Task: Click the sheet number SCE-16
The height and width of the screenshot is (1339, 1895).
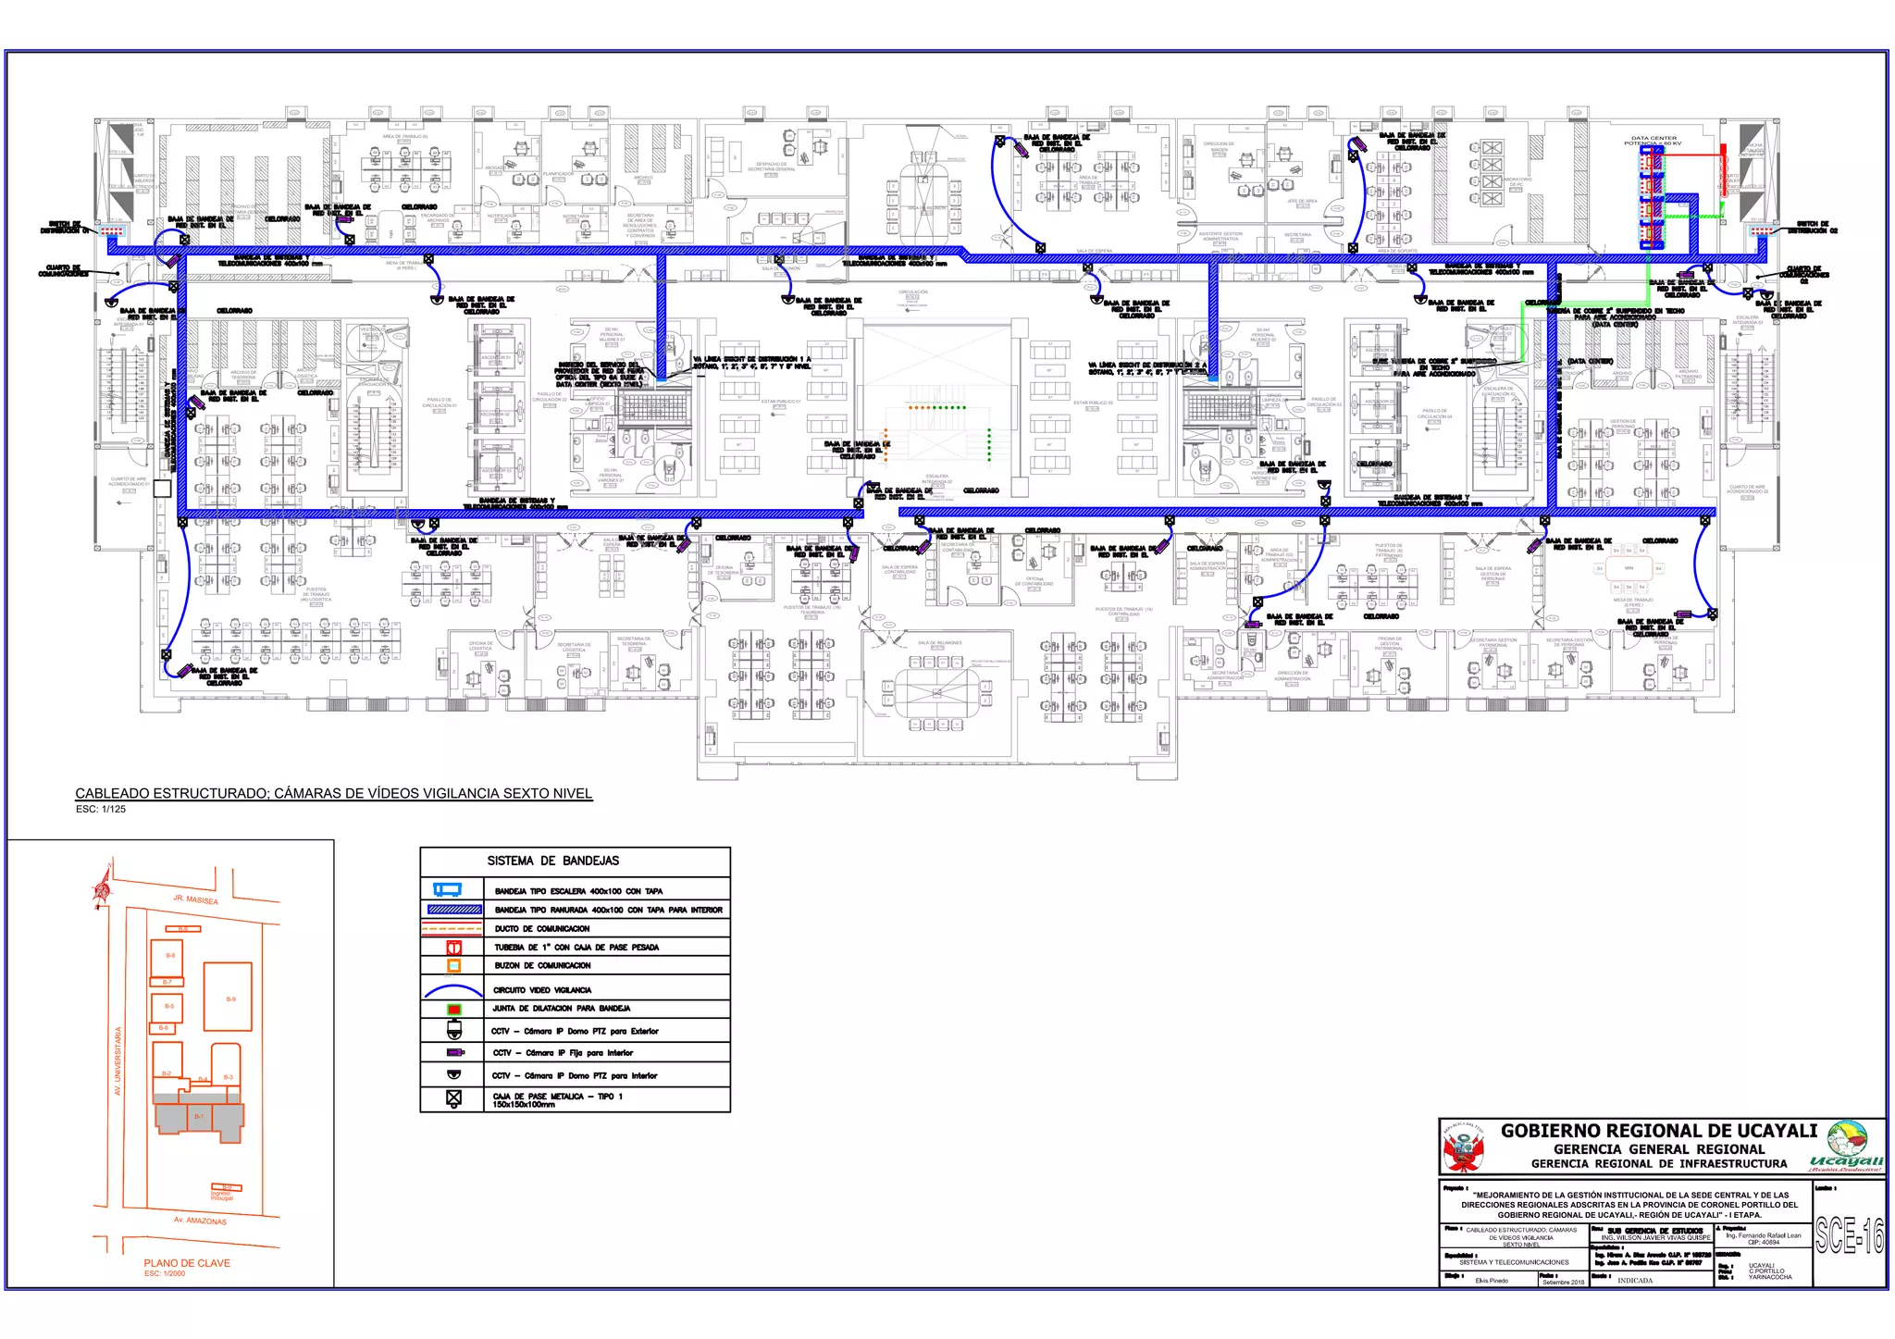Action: [1849, 1235]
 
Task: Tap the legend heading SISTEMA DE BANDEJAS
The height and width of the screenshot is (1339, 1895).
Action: [553, 861]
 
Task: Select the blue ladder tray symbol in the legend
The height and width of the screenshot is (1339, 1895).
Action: [448, 890]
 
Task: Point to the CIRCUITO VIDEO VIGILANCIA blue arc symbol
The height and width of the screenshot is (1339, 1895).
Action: [452, 990]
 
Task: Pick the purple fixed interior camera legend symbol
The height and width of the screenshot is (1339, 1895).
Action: [453, 1053]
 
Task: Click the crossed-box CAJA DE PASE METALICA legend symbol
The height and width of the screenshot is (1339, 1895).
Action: [453, 1097]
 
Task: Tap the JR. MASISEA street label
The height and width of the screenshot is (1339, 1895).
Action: [195, 899]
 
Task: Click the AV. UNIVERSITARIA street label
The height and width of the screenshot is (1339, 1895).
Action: [118, 1060]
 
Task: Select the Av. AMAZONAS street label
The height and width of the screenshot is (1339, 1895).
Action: [200, 1221]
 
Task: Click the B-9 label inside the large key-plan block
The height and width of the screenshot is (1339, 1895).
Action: [230, 999]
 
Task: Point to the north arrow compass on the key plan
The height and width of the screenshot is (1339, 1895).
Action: [102, 888]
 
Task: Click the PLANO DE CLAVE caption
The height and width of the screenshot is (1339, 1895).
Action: [187, 1263]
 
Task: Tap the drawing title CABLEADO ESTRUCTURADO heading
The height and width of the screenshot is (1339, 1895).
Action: [333, 794]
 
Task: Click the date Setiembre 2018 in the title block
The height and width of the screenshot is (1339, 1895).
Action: [1563, 1283]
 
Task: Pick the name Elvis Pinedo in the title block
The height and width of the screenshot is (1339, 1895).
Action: [1492, 1281]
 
